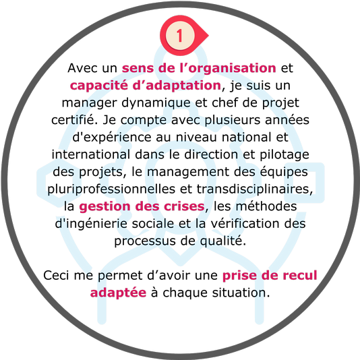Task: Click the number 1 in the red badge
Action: [x=179, y=36]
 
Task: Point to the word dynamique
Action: [x=156, y=103]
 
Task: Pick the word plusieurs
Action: [x=233, y=121]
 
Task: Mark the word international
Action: [x=91, y=154]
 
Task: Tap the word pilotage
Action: [x=284, y=155]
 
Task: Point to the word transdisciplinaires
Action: [x=255, y=189]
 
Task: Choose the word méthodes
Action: [x=266, y=206]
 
